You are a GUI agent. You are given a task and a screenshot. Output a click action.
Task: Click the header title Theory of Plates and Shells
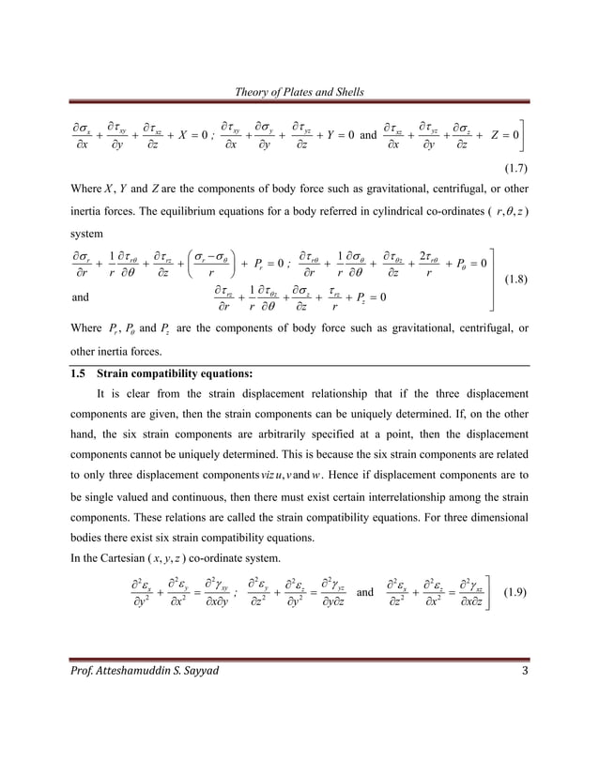(x=299, y=91)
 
